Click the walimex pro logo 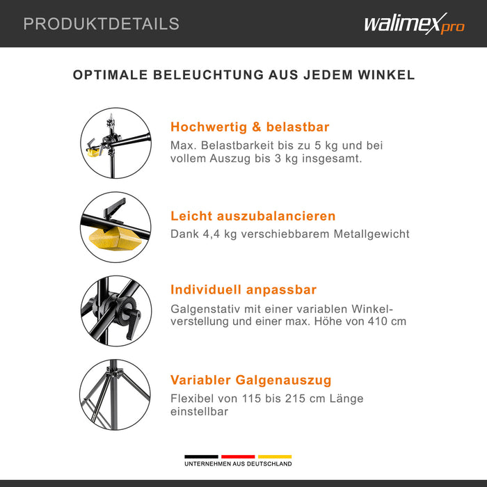(x=415, y=24)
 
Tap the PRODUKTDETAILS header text (x=102, y=24)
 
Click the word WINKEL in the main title (x=386, y=75)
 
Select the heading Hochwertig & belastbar (x=250, y=127)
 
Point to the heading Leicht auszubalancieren (x=253, y=216)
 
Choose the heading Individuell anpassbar (x=243, y=290)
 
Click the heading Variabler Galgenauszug (x=250, y=380)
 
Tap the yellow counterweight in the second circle (x=115, y=239)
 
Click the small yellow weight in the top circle (x=94, y=152)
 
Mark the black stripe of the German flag (x=201, y=456)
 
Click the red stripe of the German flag (x=238, y=456)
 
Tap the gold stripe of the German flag (x=275, y=456)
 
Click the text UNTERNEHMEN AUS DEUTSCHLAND (x=238, y=464)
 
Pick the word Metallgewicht (x=372, y=234)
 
